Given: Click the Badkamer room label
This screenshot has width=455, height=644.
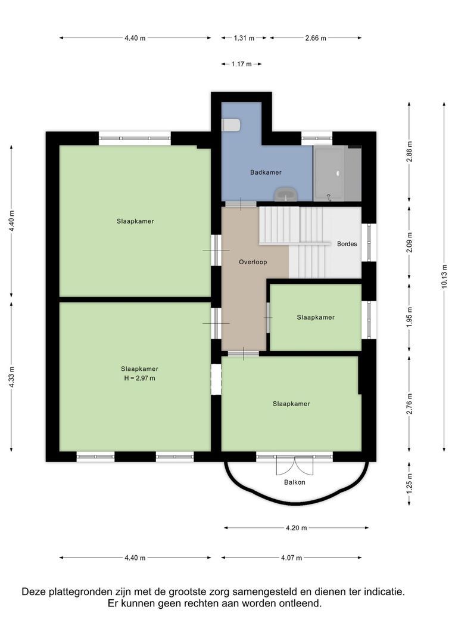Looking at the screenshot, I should (266, 172).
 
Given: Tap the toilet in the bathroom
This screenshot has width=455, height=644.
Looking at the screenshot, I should (231, 125).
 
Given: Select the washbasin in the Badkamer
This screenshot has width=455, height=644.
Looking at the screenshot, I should (286, 194).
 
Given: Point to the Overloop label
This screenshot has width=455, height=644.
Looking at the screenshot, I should (253, 262).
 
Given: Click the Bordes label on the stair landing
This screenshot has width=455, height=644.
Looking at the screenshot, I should (347, 244).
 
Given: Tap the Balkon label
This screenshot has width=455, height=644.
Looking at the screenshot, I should (295, 482).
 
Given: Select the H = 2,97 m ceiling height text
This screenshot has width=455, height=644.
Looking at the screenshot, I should (139, 378).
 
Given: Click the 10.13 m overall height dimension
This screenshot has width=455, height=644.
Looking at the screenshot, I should (444, 277).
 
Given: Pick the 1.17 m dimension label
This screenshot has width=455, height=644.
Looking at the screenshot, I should (241, 64).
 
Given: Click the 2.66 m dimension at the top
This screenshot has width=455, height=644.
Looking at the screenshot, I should (315, 38).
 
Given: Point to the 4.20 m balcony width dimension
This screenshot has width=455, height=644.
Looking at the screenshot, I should (296, 528).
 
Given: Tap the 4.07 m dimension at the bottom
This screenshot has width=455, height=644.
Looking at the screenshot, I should (291, 558).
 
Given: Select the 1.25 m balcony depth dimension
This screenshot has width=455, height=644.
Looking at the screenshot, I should (409, 483).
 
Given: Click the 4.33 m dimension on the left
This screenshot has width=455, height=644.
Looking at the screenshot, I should (12, 376).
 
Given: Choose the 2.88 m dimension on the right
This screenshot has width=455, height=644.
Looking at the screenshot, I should (409, 152).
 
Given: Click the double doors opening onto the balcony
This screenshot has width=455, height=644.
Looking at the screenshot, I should (295, 465).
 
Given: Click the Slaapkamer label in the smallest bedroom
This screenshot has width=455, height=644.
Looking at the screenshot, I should (316, 317).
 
